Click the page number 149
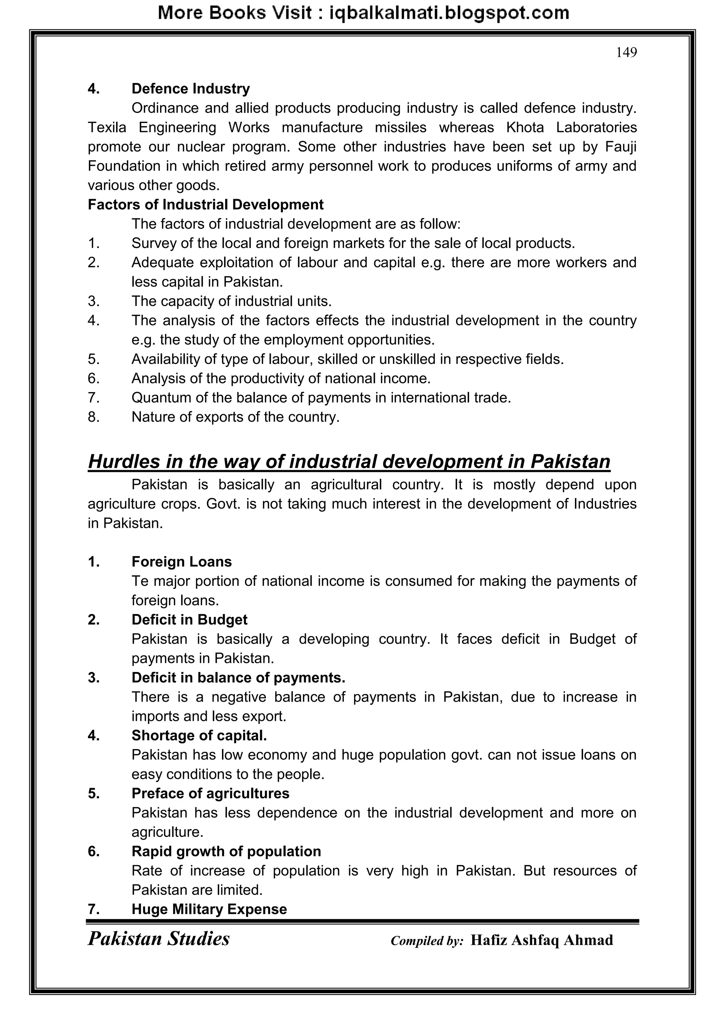[x=626, y=53]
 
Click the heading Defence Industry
[x=190, y=88]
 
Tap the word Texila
[x=107, y=128]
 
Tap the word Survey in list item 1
[x=154, y=243]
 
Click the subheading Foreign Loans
[x=181, y=561]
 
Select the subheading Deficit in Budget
[x=189, y=619]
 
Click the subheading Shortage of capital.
[x=199, y=735]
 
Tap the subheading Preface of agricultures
[x=210, y=793]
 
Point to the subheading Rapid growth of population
[x=226, y=851]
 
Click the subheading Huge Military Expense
[x=209, y=909]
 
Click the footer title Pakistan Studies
[x=159, y=939]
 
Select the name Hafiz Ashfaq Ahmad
[x=542, y=940]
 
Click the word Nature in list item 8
[x=153, y=417]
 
